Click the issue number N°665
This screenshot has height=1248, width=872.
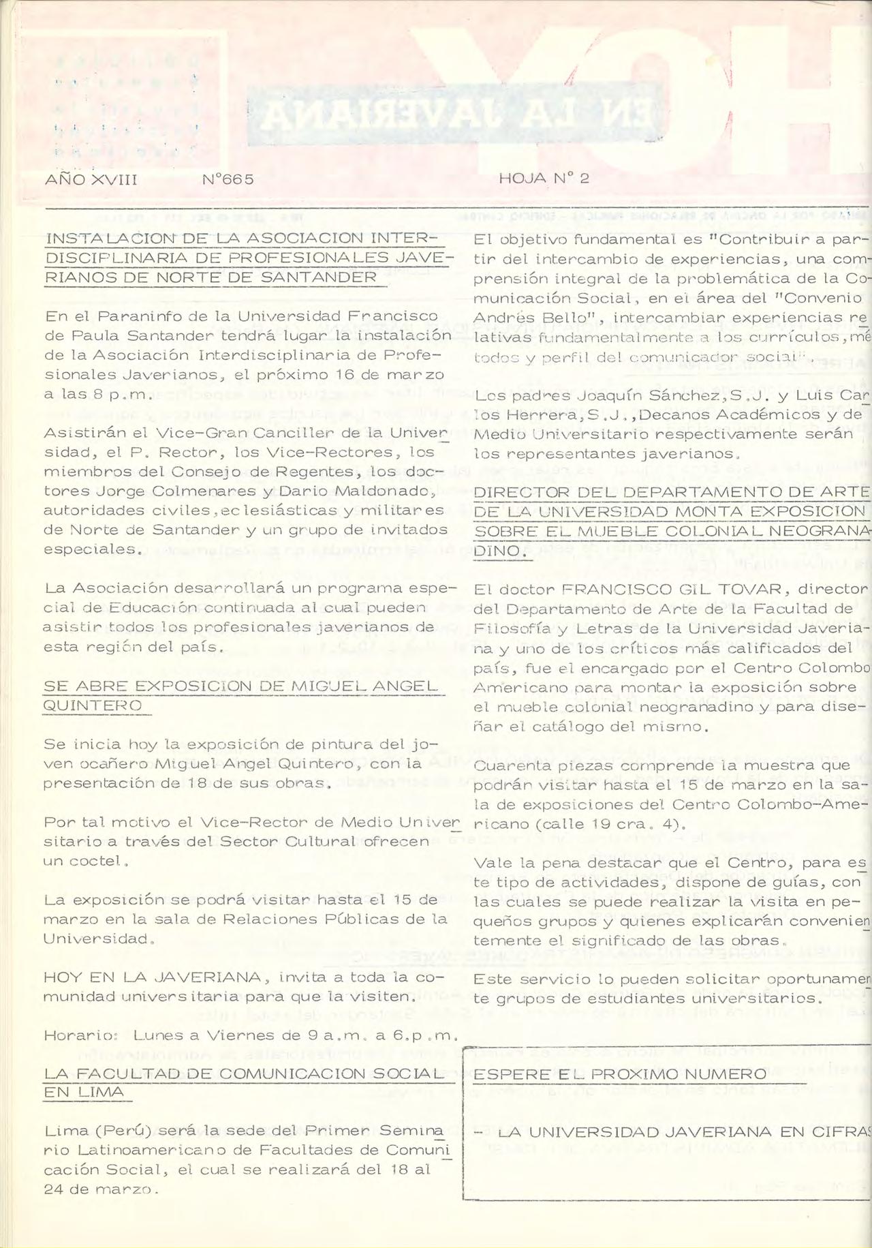click(228, 179)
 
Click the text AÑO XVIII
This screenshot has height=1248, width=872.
click(91, 179)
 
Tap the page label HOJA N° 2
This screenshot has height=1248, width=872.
click(544, 179)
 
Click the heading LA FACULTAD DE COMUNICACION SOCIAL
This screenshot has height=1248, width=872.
click(243, 1074)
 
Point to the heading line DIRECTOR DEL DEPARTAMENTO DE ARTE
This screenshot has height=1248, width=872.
click(671, 493)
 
